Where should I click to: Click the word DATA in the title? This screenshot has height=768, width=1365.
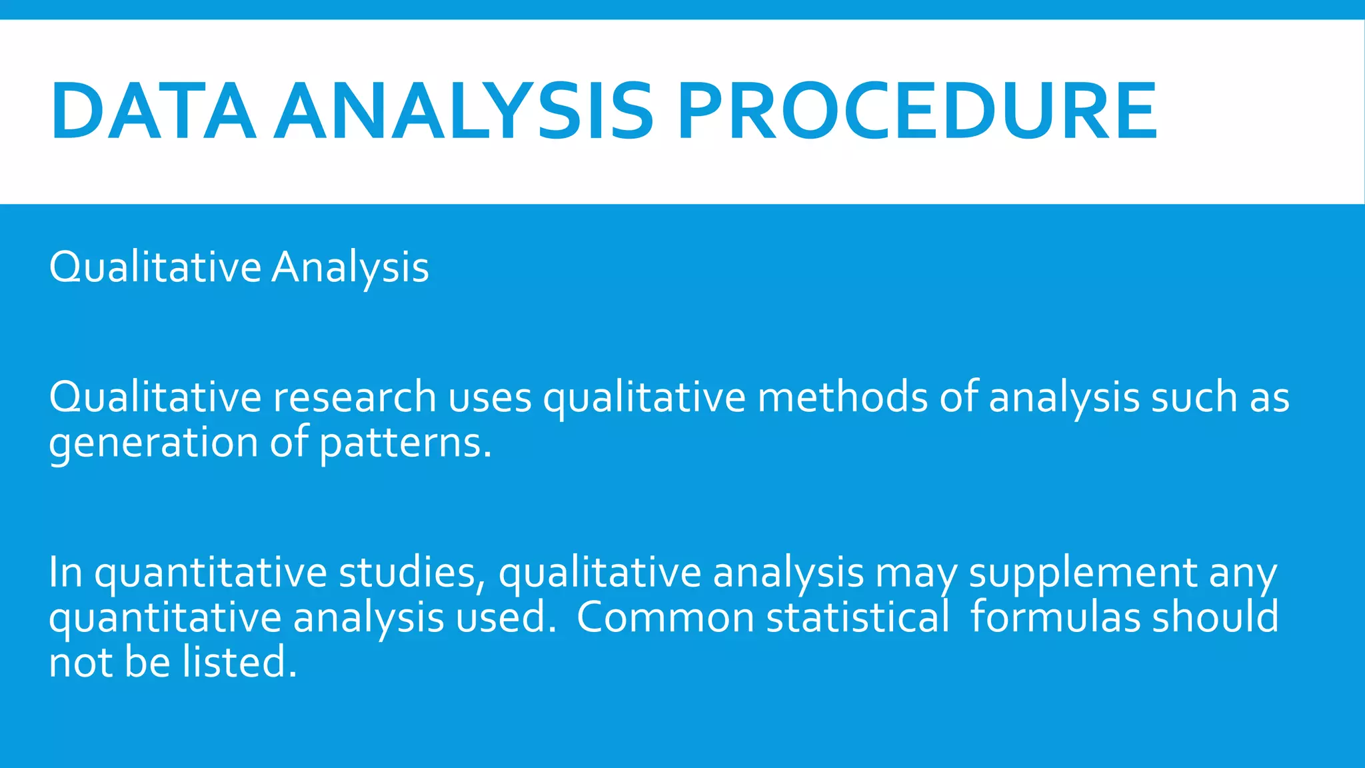coord(153,111)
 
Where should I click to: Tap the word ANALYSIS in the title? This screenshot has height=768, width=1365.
coord(463,111)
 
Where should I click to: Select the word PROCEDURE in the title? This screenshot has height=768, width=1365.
coord(917,111)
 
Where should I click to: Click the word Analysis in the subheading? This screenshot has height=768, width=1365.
coord(350,268)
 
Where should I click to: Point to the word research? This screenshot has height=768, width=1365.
coord(355,397)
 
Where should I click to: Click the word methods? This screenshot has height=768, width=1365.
coord(842,397)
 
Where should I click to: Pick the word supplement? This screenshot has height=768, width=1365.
coord(1083,574)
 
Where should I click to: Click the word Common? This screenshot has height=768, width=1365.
coord(665,618)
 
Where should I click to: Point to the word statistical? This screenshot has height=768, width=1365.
coord(858,618)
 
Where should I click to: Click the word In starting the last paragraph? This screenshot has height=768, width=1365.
coord(65,573)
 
